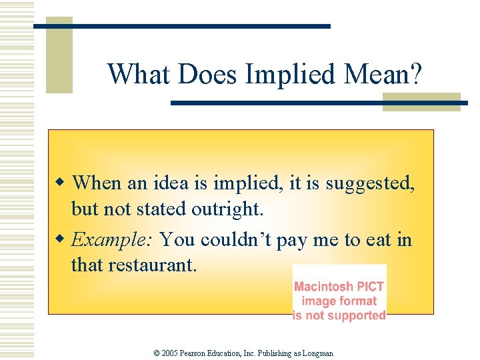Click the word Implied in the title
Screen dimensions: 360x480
point(289,75)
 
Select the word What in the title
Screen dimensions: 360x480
point(139,75)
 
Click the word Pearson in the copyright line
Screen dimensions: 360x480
point(199,353)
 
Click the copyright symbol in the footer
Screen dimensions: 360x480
point(157,353)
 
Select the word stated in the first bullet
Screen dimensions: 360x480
point(163,209)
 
